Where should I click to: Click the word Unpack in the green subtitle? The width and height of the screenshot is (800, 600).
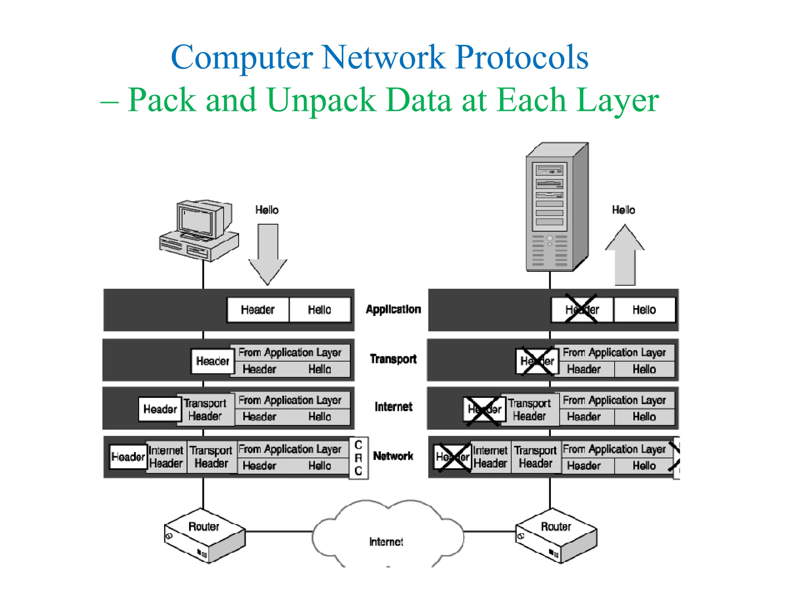pyautogui.click(x=321, y=100)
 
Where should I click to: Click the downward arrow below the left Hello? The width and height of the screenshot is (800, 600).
pyautogui.click(x=268, y=254)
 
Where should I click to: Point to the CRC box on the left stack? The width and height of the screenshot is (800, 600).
pyautogui.click(x=358, y=458)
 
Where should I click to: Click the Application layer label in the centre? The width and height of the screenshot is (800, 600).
pyautogui.click(x=393, y=309)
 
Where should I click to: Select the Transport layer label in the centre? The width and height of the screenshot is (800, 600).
pyautogui.click(x=393, y=359)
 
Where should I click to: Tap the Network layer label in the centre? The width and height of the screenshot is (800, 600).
pyautogui.click(x=393, y=456)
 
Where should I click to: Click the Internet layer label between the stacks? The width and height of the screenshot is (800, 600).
pyautogui.click(x=393, y=407)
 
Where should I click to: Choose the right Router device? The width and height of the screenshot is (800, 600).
pyautogui.click(x=556, y=535)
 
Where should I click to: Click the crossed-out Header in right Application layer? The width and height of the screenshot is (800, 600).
pyautogui.click(x=582, y=310)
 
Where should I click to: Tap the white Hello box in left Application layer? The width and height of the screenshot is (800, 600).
pyautogui.click(x=320, y=310)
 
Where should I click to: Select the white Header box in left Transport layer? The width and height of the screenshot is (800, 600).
pyautogui.click(x=212, y=361)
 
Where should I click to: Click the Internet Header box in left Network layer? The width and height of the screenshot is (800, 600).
pyautogui.click(x=166, y=457)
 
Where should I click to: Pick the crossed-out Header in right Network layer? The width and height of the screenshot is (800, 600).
pyautogui.click(x=452, y=457)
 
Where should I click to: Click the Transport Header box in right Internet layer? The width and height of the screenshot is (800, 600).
pyautogui.click(x=529, y=409)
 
